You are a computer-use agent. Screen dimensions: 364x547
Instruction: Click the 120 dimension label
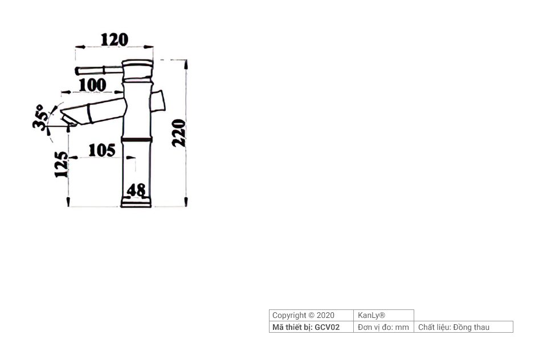pos(115,39)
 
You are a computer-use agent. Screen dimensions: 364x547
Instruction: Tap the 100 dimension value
pos(92,84)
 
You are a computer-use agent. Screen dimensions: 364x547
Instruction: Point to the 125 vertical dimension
pos(61,164)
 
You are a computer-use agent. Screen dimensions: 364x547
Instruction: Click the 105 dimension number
pos(102,150)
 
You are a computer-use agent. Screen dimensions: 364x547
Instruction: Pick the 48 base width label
pos(136,190)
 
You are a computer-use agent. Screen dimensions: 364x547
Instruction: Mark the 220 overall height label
pos(179,133)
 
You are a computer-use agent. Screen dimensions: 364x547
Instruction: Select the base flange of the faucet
pos(136,202)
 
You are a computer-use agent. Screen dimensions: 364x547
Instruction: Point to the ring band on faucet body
pos(137,139)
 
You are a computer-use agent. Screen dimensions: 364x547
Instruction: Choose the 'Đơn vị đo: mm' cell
pos(383,327)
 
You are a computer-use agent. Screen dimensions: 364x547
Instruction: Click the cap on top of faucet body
pos(138,63)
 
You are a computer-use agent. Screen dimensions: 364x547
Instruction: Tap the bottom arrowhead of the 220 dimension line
pos(186,201)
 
